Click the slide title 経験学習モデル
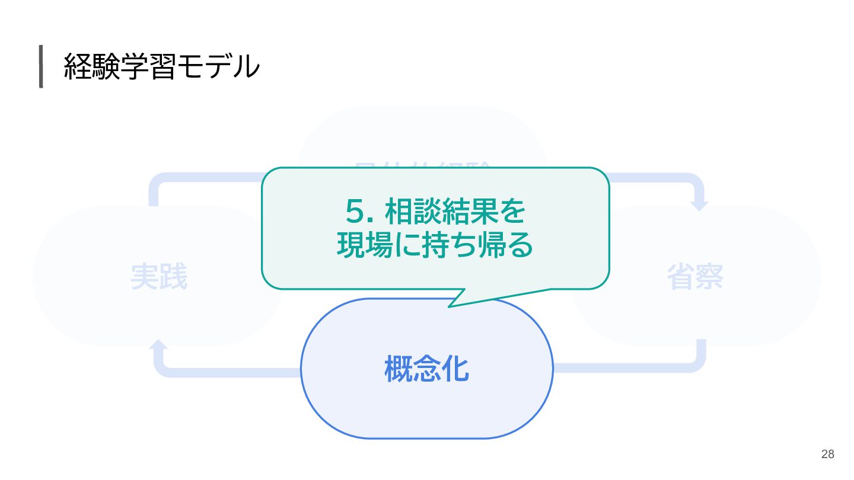pos(161,67)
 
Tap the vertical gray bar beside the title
pos(41,66)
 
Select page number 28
pos(827,455)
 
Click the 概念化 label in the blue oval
pos(427,369)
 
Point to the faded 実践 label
pos(159,277)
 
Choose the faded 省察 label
pos(695,277)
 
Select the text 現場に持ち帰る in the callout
pos(435,246)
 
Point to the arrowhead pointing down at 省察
pos(700,205)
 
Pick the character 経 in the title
pos(77,67)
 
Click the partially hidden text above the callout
pos(422,165)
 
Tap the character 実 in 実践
pos(144,277)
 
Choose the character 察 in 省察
pos(709,277)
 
